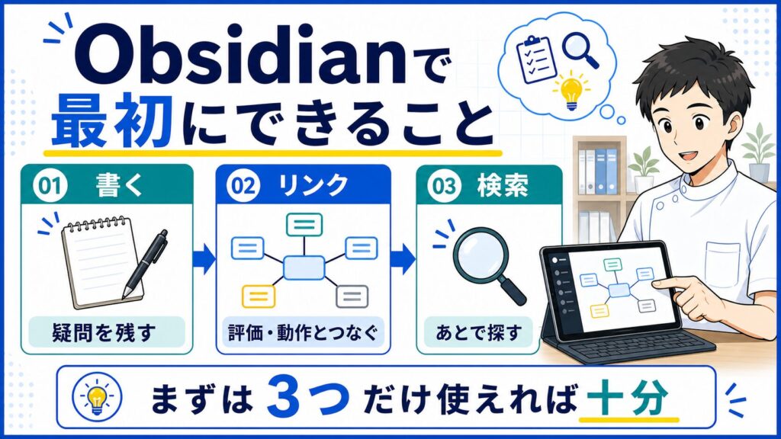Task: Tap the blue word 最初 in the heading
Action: [x=111, y=121]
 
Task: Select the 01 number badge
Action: [x=50, y=186]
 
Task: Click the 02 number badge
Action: [x=243, y=186]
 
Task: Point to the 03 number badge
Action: [x=443, y=186]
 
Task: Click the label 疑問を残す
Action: [x=104, y=332]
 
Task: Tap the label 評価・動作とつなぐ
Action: [x=303, y=332]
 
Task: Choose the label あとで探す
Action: [x=478, y=332]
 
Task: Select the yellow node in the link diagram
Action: [x=258, y=296]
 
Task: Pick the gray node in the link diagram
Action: [x=352, y=296]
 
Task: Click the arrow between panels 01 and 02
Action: [x=204, y=258]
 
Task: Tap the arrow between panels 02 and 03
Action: [x=403, y=258]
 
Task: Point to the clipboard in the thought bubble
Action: [x=536, y=59]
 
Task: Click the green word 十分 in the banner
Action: [x=628, y=396]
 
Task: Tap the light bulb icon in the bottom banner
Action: [x=97, y=396]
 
